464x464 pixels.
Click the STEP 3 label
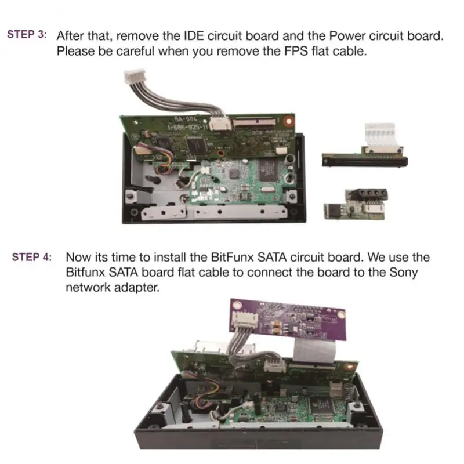pyautogui.click(x=27, y=34)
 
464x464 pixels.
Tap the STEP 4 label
pyautogui.click(x=32, y=257)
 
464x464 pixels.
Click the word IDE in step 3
pyautogui.click(x=194, y=36)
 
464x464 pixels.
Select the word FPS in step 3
pyautogui.click(x=296, y=51)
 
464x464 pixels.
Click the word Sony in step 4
pyautogui.click(x=403, y=273)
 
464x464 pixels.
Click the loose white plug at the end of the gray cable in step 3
pyautogui.click(x=135, y=77)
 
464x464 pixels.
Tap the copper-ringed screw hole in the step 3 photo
pyautogui.click(x=288, y=121)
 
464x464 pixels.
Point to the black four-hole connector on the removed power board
pyautogui.click(x=368, y=194)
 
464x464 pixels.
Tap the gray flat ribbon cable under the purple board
pyautogui.click(x=314, y=351)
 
